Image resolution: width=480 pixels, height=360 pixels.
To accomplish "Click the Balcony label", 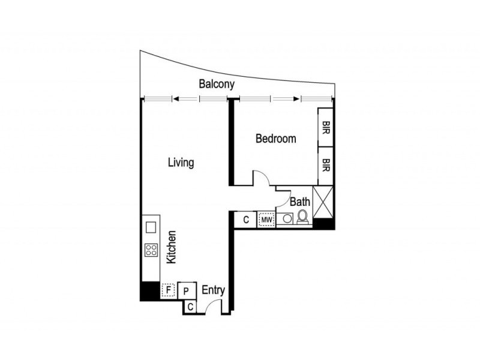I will click(x=217, y=85).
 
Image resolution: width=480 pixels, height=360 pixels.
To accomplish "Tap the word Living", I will click(x=181, y=163).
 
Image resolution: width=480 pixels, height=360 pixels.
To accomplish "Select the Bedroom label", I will click(x=275, y=139).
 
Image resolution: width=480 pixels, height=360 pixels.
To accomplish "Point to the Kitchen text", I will click(x=171, y=247).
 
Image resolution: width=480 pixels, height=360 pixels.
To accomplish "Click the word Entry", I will click(x=213, y=290).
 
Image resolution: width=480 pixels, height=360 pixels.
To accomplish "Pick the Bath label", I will click(x=300, y=202).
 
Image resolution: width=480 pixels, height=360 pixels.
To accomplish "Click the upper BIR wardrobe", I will click(x=325, y=127).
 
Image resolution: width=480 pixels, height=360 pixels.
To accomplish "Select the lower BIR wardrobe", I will click(x=325, y=166).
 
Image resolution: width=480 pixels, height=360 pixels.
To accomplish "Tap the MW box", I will click(x=266, y=220).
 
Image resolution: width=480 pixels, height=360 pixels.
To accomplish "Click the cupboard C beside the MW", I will click(x=246, y=220).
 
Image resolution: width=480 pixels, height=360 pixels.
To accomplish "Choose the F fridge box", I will click(x=169, y=291).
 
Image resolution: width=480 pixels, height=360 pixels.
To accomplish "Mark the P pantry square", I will click(x=187, y=291).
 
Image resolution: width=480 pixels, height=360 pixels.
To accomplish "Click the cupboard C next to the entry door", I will click(x=190, y=307).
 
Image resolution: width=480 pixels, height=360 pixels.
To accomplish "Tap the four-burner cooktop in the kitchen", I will click(x=151, y=250).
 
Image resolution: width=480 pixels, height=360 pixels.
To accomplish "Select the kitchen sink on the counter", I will click(x=151, y=227).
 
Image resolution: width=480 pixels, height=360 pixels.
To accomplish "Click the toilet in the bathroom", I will click(x=302, y=217).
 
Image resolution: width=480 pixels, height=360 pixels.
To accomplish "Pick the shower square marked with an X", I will click(x=324, y=202).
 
